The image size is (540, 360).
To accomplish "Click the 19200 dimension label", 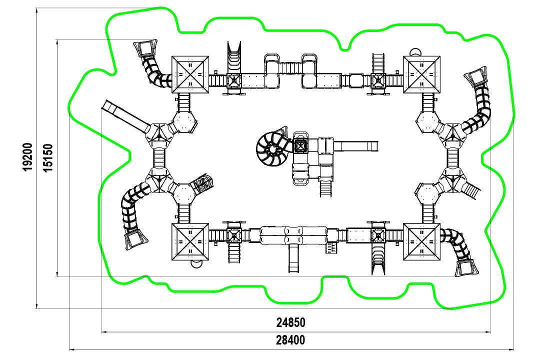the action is [27, 156].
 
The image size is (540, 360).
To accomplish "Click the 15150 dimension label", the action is [48, 158].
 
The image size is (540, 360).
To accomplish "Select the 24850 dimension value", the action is [290, 322].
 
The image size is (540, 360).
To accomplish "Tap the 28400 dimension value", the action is [290, 340].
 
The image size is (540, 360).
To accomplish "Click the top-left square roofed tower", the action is [190, 74].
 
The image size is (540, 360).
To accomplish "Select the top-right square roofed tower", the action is [421, 74].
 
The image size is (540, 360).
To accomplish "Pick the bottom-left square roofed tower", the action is [190, 242].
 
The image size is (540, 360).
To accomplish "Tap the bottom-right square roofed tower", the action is [421, 242].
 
